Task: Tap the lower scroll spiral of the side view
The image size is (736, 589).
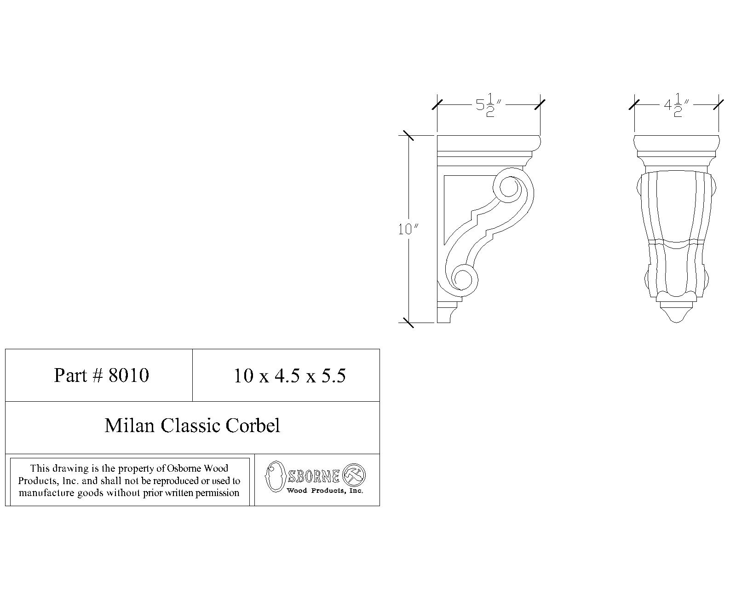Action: point(463,278)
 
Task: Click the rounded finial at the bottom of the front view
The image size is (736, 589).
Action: point(676,315)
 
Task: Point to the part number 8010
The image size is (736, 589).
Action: point(128,375)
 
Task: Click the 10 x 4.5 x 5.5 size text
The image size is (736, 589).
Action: point(289,376)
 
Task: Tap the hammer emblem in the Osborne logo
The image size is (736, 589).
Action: point(355,474)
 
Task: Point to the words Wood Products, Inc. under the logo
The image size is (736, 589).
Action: point(325,491)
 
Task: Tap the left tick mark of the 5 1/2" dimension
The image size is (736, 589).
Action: point(437,104)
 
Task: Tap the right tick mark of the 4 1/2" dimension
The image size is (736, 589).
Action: point(719,104)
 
